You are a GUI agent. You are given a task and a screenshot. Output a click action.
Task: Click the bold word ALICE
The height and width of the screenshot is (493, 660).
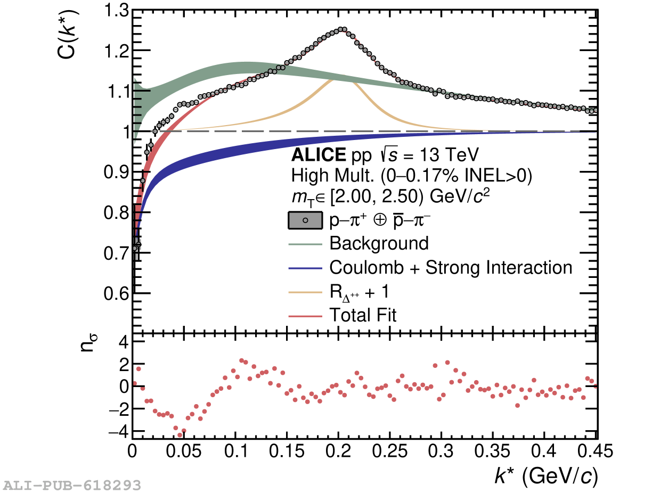(x=319, y=155)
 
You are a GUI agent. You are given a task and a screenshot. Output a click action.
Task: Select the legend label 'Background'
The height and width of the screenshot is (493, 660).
(x=379, y=243)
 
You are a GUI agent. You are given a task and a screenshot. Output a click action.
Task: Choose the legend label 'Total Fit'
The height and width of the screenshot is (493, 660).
(x=363, y=315)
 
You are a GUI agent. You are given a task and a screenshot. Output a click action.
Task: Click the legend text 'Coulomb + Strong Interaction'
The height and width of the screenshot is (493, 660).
(x=451, y=267)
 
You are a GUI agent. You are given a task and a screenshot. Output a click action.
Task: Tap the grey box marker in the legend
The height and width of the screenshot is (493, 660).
(x=305, y=220)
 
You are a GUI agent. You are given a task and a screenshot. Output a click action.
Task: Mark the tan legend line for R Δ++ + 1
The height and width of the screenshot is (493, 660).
(x=305, y=292)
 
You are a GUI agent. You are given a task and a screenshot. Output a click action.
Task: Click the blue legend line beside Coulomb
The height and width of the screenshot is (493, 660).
(x=305, y=267)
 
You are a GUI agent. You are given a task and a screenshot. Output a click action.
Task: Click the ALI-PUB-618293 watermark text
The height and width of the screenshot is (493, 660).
(x=72, y=485)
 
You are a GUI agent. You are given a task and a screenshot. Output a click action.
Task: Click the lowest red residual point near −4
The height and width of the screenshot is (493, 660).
(x=180, y=434)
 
